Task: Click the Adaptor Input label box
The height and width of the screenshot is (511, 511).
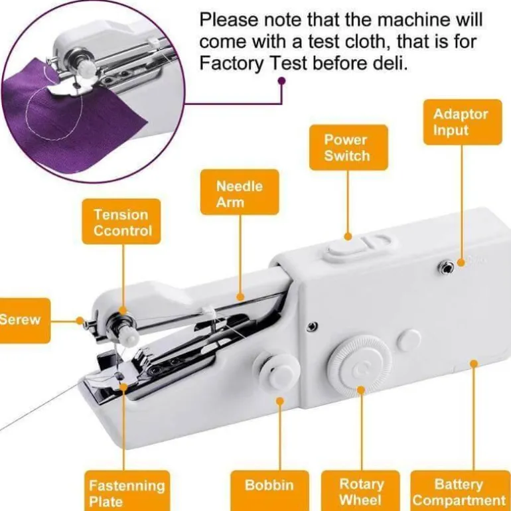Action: click(463, 122)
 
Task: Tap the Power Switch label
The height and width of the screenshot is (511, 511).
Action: click(348, 147)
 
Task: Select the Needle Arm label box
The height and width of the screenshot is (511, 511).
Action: click(240, 192)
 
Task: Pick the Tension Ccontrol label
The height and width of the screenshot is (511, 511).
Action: click(121, 222)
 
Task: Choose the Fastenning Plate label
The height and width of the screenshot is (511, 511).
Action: click(127, 490)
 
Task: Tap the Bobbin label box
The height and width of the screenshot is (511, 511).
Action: click(269, 490)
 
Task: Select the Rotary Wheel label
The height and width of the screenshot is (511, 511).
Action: click(360, 490)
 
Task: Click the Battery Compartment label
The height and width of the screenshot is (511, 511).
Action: click(460, 490)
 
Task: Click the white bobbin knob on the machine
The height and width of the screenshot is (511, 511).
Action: click(277, 371)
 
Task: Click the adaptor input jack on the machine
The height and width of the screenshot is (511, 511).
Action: click(445, 268)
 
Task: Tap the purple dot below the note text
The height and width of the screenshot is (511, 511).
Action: click(282, 80)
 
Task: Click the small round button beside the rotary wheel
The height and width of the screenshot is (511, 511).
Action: click(409, 340)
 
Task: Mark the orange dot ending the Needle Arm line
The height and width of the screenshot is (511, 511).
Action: click(240, 297)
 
